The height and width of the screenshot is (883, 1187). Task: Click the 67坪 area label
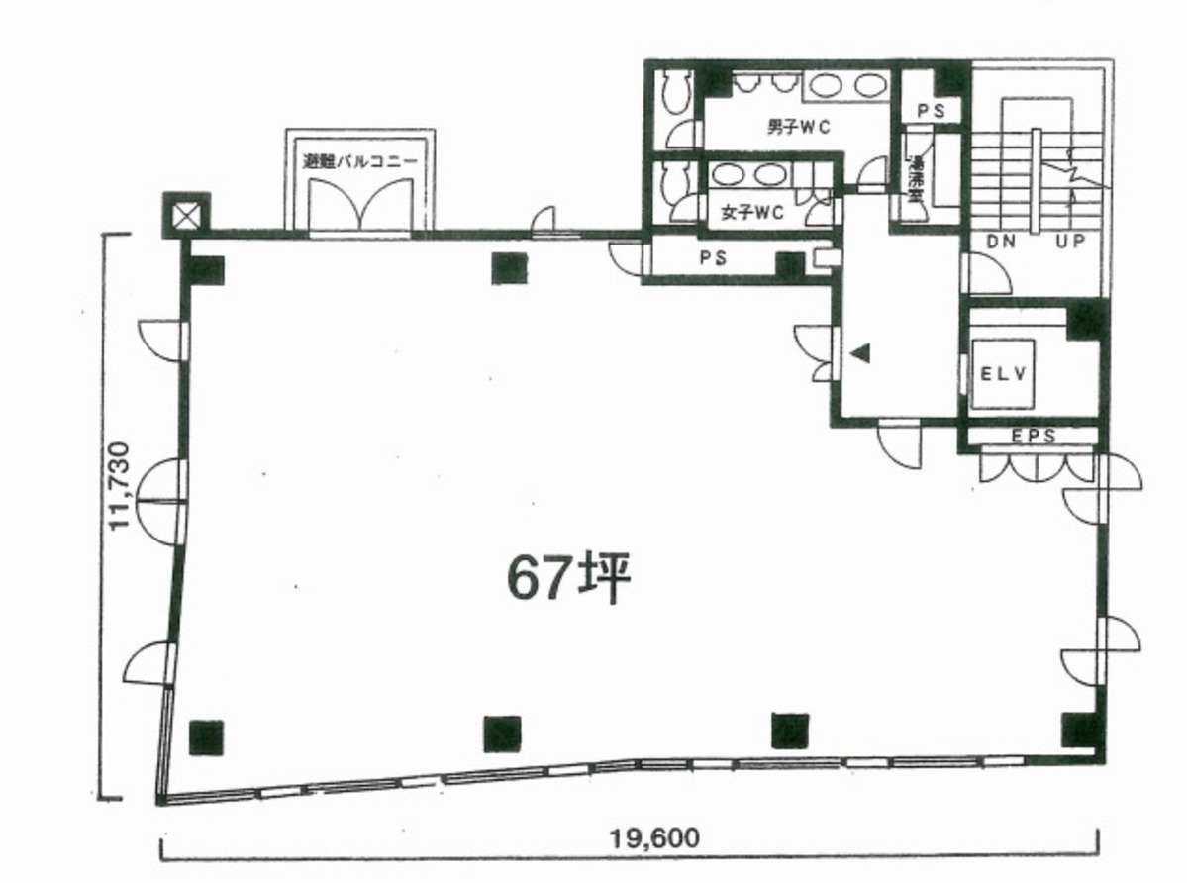[569, 579]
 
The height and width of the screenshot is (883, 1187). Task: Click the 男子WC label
[797, 127]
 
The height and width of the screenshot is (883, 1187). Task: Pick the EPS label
[1033, 436]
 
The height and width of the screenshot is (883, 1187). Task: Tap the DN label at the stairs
[1000, 241]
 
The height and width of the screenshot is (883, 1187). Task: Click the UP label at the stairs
[1074, 241]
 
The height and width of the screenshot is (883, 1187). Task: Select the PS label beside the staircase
[931, 112]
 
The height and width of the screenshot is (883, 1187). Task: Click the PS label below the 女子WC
[713, 258]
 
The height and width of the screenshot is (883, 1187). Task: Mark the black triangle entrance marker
[860, 352]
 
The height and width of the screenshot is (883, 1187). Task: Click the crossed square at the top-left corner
[187, 215]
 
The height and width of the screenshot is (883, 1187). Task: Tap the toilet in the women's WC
[676, 180]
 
